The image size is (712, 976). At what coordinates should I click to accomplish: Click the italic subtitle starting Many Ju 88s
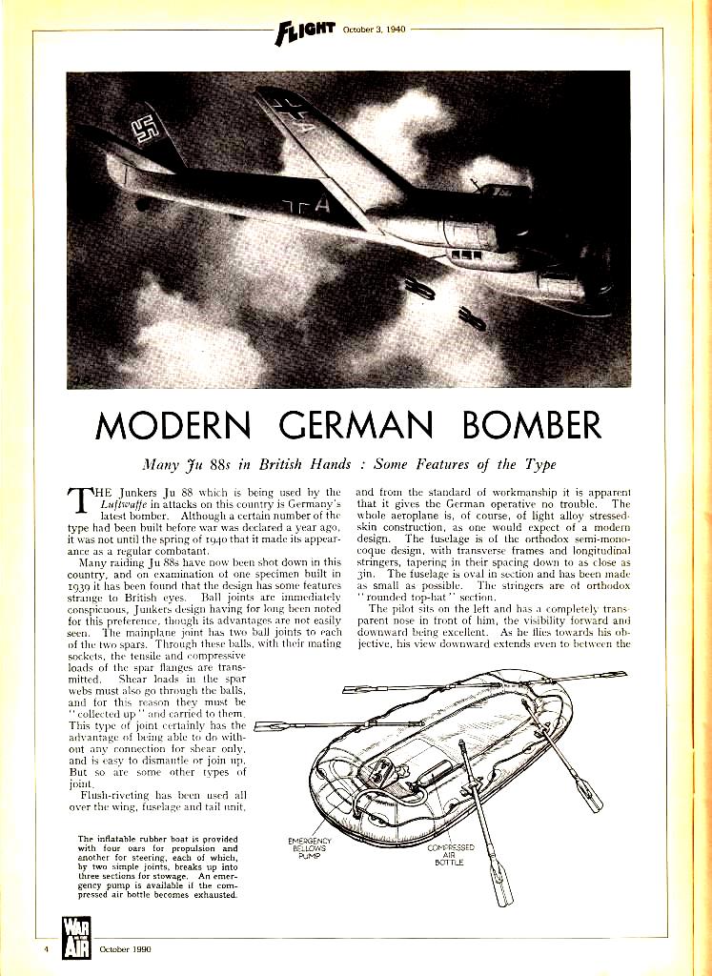point(356,467)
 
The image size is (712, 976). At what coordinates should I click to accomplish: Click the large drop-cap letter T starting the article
point(82,501)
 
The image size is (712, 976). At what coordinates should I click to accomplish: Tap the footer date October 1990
point(123,949)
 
